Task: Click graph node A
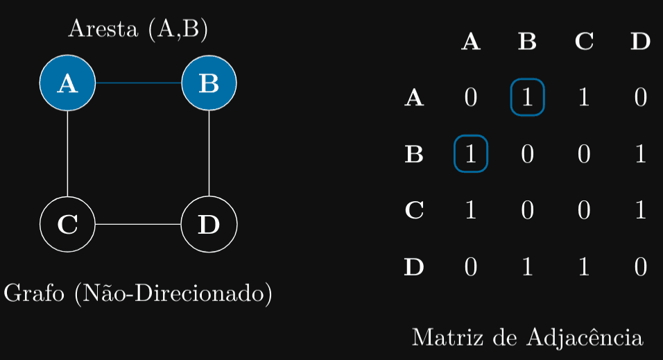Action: point(67,83)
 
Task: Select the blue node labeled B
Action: point(209,83)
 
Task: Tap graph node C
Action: point(67,225)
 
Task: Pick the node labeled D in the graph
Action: point(209,225)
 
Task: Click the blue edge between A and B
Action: point(138,83)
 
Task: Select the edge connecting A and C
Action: point(67,154)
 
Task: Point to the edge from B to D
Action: point(209,154)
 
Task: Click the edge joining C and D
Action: point(138,225)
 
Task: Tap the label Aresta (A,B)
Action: point(138,29)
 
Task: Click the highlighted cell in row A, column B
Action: point(527,97)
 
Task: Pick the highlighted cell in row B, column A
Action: point(471,154)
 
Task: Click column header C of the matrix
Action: point(584,42)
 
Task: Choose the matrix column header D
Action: point(640,42)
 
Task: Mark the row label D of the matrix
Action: point(414,267)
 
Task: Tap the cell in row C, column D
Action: point(640,210)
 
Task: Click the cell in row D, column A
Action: point(471,267)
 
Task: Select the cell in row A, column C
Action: point(584,97)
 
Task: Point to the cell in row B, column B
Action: point(527,154)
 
